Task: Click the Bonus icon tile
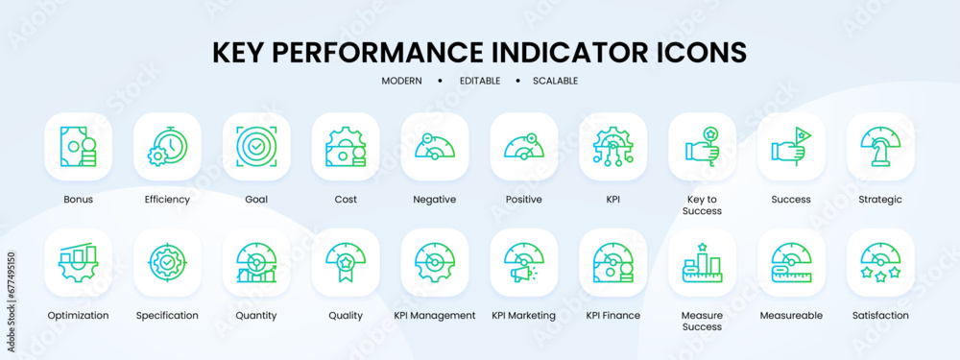78,147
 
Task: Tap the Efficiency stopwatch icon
167,147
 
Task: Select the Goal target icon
256,147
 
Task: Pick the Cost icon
346,147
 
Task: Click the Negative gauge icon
435,147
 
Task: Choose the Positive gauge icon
524,147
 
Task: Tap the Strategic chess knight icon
880,147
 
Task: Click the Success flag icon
791,147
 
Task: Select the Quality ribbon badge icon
346,262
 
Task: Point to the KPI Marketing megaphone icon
524,262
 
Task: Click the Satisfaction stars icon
880,262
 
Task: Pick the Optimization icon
78,262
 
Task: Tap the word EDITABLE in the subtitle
479,81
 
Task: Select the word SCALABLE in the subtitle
555,81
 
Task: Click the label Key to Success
703,204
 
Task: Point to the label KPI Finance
612,315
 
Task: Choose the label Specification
167,315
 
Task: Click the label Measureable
791,315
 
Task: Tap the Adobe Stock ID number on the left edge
11,288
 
